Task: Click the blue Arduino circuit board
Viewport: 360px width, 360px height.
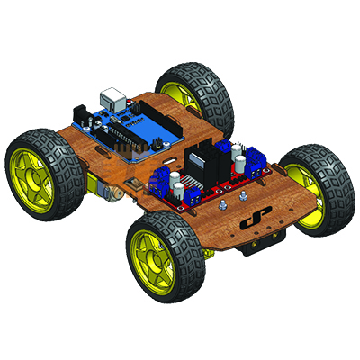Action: click(126, 130)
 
